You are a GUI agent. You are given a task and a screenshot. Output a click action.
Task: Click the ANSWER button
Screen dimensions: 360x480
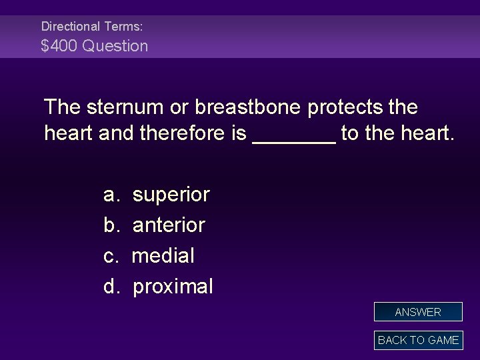tap(418, 312)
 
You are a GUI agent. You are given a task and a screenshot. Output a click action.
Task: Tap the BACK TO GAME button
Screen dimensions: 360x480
tap(418, 340)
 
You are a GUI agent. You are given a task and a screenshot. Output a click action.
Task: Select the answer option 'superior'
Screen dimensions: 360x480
tap(171, 195)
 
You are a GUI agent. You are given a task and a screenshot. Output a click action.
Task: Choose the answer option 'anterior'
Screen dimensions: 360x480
tap(169, 225)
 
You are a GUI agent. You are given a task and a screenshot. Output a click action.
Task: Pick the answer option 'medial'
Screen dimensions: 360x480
tap(163, 256)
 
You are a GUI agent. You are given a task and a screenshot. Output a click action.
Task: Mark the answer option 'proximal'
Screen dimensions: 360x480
tap(173, 287)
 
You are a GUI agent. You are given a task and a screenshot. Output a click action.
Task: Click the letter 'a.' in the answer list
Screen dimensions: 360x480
tap(111, 195)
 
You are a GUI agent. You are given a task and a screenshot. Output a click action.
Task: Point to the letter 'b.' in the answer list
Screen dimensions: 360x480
tap(111, 225)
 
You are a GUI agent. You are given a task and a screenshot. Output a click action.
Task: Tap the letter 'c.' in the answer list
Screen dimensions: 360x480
tap(111, 256)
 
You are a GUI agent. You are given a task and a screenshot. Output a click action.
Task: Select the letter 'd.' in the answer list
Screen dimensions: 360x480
tap(111, 287)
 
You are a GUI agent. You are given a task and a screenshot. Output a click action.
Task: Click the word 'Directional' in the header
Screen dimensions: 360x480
tap(70, 27)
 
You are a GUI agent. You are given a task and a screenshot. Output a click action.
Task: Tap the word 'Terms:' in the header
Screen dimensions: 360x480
tap(124, 27)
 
